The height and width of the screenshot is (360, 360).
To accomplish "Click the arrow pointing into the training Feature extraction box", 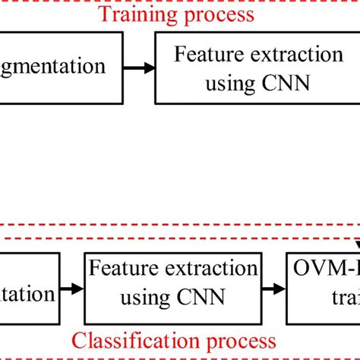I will click(141, 68).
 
